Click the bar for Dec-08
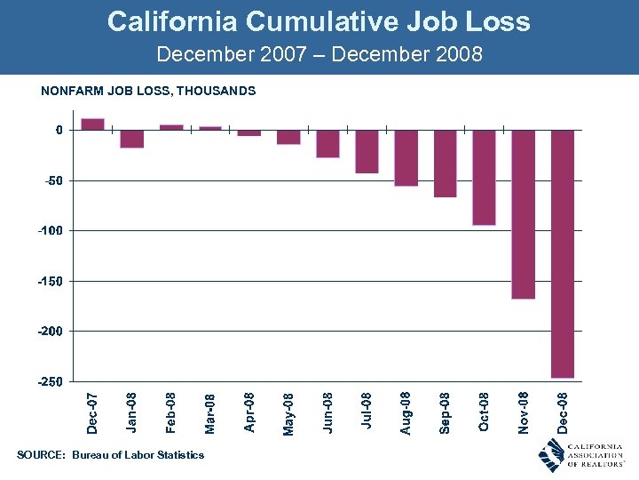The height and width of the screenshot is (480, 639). pyautogui.click(x=563, y=253)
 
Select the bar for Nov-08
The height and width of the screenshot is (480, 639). pyautogui.click(x=524, y=214)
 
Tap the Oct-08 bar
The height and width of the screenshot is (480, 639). pyautogui.click(x=485, y=178)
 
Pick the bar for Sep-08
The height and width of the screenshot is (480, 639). pyautogui.click(x=446, y=164)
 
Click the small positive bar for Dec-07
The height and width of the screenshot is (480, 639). pyautogui.click(x=93, y=124)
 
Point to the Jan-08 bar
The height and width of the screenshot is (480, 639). pyautogui.click(x=132, y=139)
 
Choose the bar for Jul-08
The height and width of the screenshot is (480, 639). pyautogui.click(x=367, y=151)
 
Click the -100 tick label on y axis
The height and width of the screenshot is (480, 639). pyautogui.click(x=50, y=230)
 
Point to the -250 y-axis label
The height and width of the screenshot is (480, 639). pyautogui.click(x=50, y=381)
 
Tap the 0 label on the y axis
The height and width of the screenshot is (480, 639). pyautogui.click(x=59, y=130)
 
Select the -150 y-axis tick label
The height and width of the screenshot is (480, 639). pyautogui.click(x=50, y=281)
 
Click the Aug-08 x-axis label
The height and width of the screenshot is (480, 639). pyautogui.click(x=406, y=413)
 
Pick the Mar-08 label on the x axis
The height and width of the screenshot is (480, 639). pyautogui.click(x=210, y=413)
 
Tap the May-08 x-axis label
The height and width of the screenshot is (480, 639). pyautogui.click(x=288, y=413)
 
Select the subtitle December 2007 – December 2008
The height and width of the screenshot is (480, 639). pyautogui.click(x=319, y=54)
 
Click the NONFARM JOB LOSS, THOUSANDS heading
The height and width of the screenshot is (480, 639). pyautogui.click(x=148, y=91)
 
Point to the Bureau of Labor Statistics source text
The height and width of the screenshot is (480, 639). pyautogui.click(x=138, y=455)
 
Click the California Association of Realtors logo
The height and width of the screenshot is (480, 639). pyautogui.click(x=581, y=454)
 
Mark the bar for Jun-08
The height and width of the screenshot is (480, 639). pyautogui.click(x=327, y=144)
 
